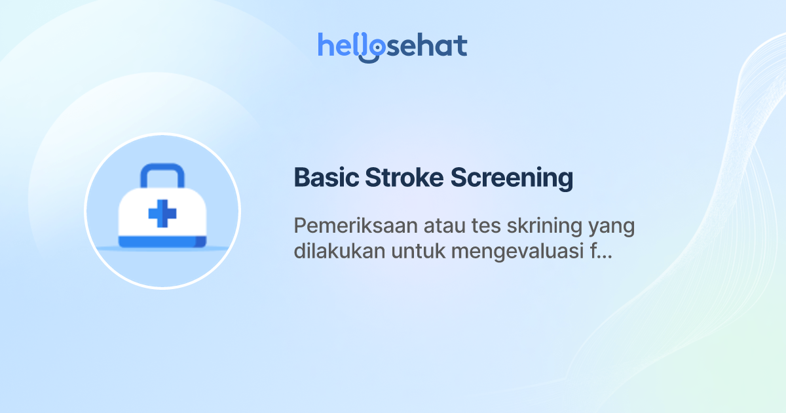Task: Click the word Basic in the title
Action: [324, 178]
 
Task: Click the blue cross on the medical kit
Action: [162, 214]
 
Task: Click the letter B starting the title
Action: [301, 178]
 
